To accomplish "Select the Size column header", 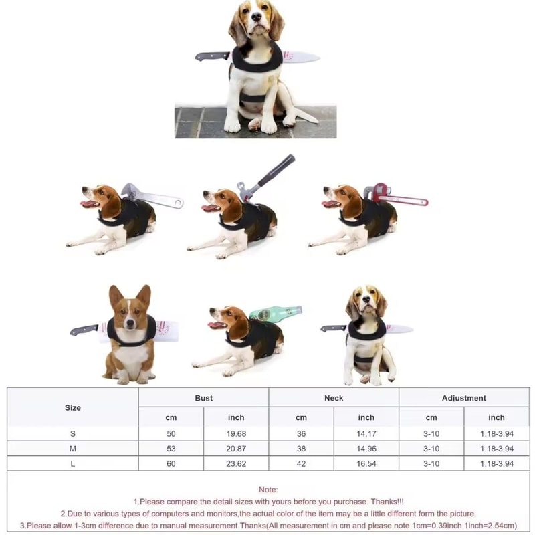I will coord(73,407).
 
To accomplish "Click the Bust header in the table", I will coord(203,398).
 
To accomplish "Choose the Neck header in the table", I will coord(334,398).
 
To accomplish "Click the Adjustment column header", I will coord(463,398).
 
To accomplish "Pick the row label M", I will coord(73,449).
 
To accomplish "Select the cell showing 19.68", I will coord(236,433).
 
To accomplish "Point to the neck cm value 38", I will coord(301,449).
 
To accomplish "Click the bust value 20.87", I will coord(236,449).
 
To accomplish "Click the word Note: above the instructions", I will coord(268,490).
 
